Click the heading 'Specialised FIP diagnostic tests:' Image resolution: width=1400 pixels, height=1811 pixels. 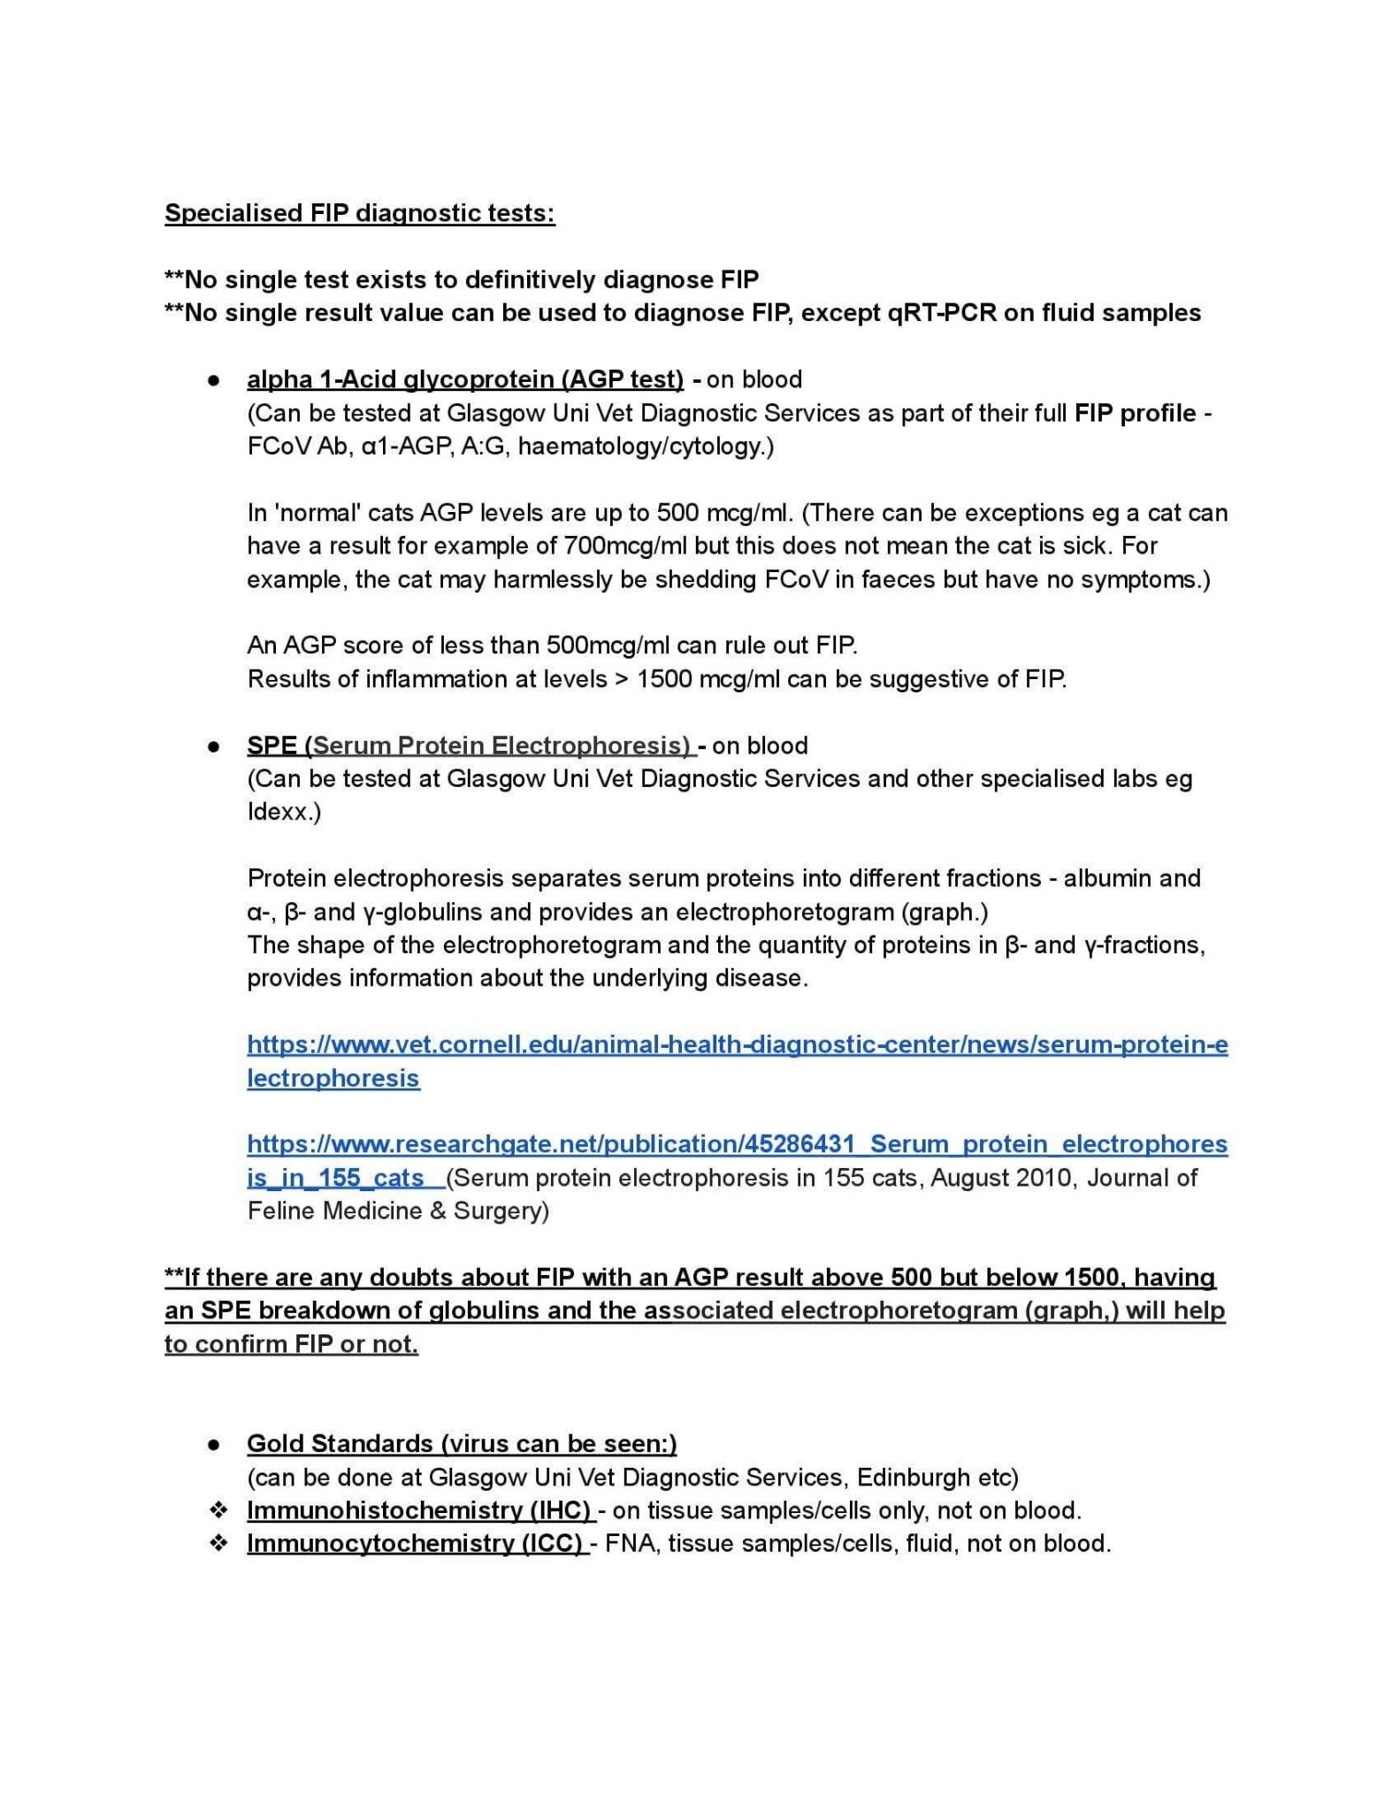(359, 214)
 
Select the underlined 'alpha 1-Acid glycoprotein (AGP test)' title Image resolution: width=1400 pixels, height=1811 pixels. (465, 380)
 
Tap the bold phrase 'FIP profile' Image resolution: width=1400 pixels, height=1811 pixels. (1135, 414)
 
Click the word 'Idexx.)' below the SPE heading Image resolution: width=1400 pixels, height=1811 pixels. (284, 813)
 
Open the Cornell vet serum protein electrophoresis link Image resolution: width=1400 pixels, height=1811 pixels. (737, 1046)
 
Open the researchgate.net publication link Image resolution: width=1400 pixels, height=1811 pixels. (737, 1145)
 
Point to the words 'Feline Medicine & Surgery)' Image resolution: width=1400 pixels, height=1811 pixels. (398, 1211)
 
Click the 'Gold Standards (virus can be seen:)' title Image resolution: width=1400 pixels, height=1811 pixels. (462, 1444)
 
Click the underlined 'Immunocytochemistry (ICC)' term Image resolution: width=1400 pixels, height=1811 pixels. (416, 1544)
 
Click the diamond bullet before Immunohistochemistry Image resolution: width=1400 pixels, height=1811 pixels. (218, 1510)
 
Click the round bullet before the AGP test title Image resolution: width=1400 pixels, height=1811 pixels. (213, 381)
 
